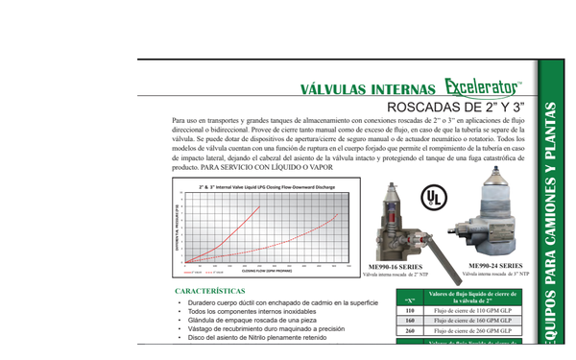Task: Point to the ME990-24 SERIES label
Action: (494, 264)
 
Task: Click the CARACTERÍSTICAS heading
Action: (216, 290)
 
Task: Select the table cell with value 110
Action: (410, 311)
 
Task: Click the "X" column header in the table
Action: (410, 297)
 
